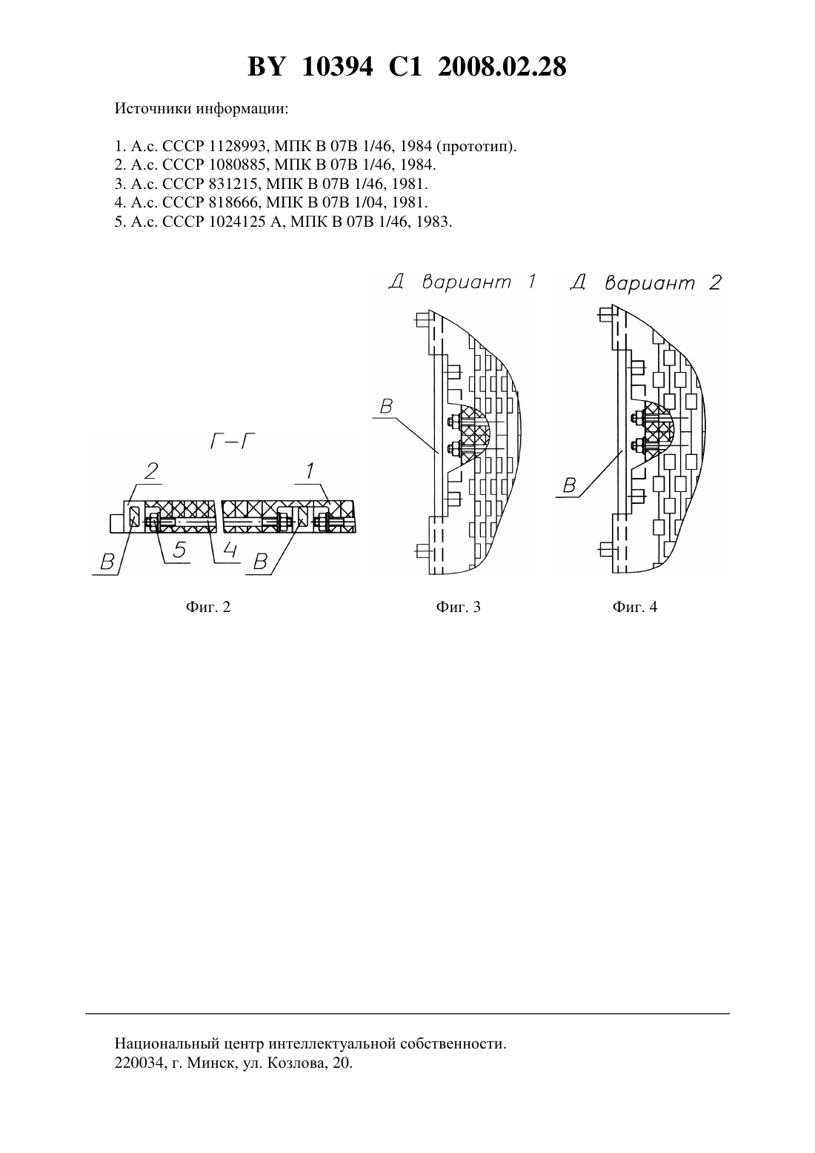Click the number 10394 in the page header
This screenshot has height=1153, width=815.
click(x=337, y=67)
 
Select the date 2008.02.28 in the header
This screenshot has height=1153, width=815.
click(x=502, y=67)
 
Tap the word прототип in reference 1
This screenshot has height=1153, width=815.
click(x=476, y=147)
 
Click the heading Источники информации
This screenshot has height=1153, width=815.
click(x=202, y=109)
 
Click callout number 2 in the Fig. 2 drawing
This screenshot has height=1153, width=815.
click(x=151, y=471)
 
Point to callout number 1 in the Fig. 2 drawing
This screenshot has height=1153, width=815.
click(x=310, y=471)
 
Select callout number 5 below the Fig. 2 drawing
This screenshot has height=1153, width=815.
click(x=179, y=551)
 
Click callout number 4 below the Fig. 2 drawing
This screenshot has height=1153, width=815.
click(x=230, y=551)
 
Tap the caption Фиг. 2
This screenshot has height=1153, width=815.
click(x=208, y=608)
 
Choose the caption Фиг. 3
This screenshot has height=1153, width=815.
click(x=458, y=608)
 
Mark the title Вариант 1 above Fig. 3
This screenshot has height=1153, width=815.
click(x=479, y=282)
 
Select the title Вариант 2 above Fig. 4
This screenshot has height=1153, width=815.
click(x=663, y=282)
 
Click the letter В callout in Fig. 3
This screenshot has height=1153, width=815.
click(x=386, y=407)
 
